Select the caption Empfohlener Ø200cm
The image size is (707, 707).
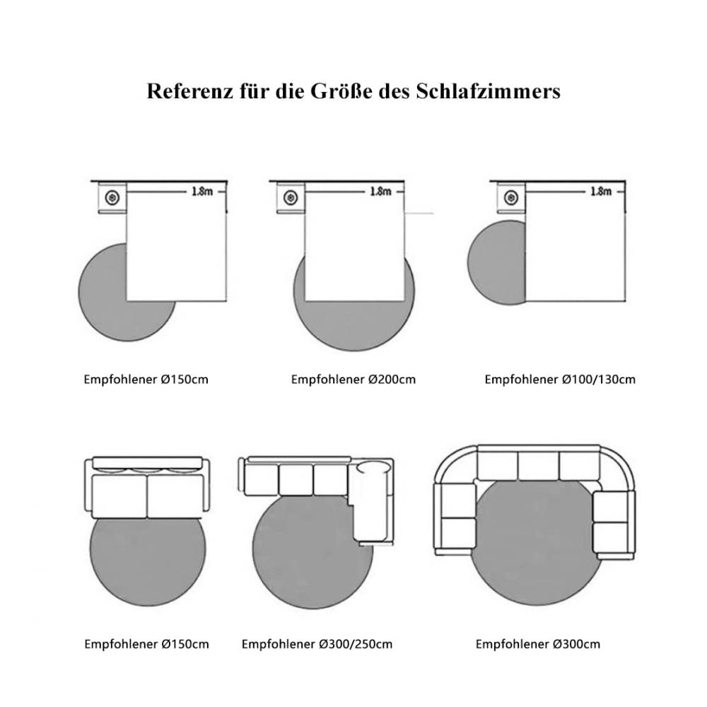(353, 380)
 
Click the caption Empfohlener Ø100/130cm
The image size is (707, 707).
(560, 380)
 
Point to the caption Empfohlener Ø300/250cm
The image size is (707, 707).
(317, 644)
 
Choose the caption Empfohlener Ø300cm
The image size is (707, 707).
(538, 644)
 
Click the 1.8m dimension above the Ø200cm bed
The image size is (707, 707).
(380, 192)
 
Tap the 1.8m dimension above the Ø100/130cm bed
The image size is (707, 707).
(601, 192)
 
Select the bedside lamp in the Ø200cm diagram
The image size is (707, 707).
(291, 197)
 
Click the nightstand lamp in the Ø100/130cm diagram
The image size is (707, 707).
(511, 197)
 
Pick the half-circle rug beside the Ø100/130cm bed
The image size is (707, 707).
(496, 262)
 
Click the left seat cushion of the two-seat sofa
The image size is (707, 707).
(119, 496)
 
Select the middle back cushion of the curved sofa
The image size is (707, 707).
(538, 466)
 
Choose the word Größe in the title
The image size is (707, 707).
(341, 90)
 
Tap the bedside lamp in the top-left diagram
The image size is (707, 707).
(112, 197)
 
